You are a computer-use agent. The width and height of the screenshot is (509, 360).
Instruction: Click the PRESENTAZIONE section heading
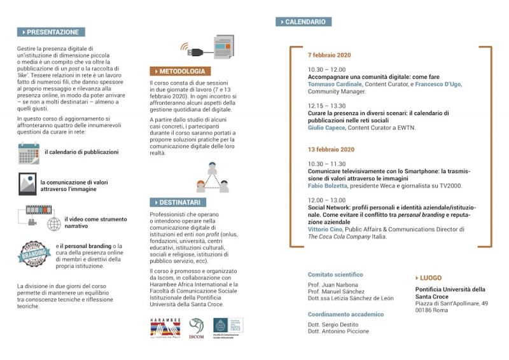(52, 32)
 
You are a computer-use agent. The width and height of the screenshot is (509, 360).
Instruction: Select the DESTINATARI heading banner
(178, 202)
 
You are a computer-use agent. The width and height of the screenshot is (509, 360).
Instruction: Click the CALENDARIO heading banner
(303, 22)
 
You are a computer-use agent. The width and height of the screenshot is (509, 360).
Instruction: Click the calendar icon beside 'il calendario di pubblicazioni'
(29, 153)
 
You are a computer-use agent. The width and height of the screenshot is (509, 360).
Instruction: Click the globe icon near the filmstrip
(55, 224)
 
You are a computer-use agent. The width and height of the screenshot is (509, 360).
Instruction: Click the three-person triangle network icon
(213, 177)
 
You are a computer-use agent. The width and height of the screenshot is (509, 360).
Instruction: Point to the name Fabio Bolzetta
(328, 186)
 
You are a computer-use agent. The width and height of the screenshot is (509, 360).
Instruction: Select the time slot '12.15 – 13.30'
(326, 106)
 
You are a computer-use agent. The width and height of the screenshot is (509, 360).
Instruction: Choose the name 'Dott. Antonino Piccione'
(338, 331)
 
